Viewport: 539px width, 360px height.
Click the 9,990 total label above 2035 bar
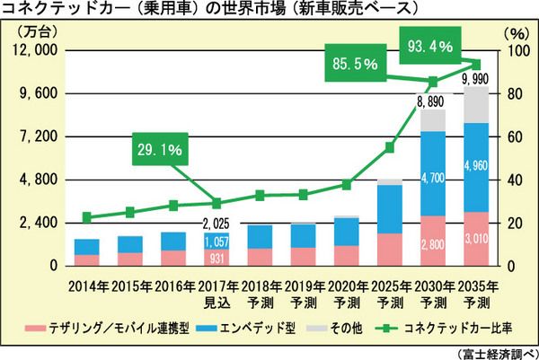475,81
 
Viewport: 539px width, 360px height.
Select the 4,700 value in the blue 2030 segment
433,180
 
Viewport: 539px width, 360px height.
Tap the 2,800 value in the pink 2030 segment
433,243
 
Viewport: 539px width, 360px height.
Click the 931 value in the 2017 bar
216,258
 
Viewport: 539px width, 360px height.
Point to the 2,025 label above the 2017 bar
216,223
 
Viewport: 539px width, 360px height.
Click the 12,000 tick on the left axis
31,51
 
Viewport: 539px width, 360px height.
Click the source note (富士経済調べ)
497,350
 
